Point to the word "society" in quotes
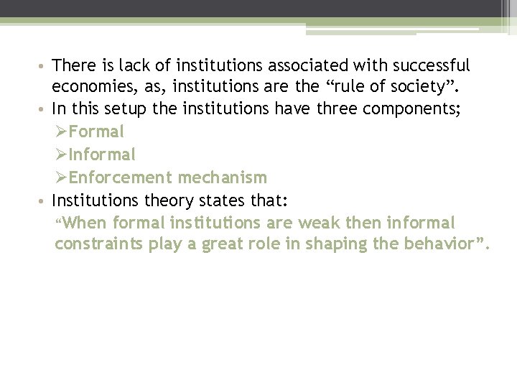point(424,88)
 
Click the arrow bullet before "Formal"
point(61,132)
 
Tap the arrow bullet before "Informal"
point(61,154)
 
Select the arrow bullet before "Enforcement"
point(61,177)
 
